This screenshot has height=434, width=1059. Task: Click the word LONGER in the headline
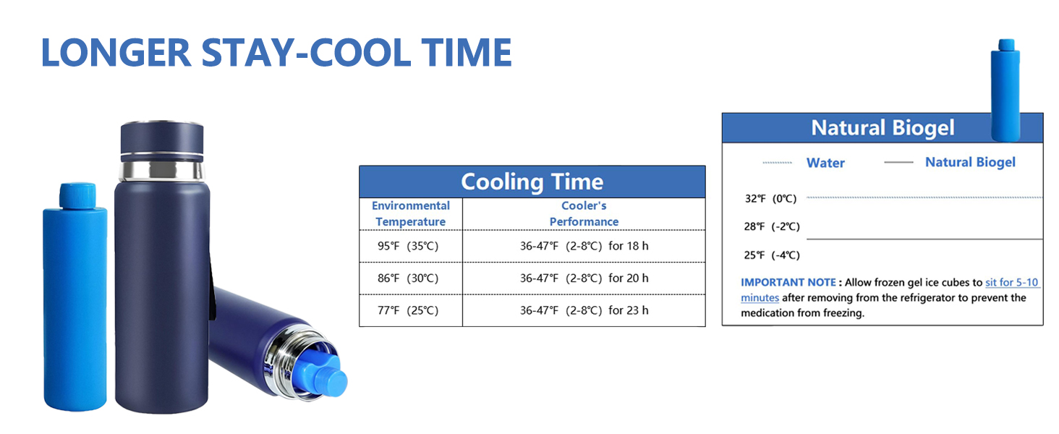116,53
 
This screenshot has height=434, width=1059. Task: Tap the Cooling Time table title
532,182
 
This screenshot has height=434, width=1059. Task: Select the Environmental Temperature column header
410,213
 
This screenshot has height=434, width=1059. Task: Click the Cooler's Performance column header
584,213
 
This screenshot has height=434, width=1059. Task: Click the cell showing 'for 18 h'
584,247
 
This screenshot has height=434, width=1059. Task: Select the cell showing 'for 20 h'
584,278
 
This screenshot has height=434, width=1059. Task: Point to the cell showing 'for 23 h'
584,310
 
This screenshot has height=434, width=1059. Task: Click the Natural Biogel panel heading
882,128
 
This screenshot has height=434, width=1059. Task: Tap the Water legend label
825,163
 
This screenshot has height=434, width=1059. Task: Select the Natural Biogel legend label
970,163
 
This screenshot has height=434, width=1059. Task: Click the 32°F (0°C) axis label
770,199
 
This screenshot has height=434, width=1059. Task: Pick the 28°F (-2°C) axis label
772,227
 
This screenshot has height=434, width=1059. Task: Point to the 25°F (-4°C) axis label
772,255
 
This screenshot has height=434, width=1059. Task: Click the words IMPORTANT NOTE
788,283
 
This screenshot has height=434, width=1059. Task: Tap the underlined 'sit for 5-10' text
1012,283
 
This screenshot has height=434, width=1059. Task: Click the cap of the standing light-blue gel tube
77,195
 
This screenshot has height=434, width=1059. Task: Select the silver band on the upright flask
162,170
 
